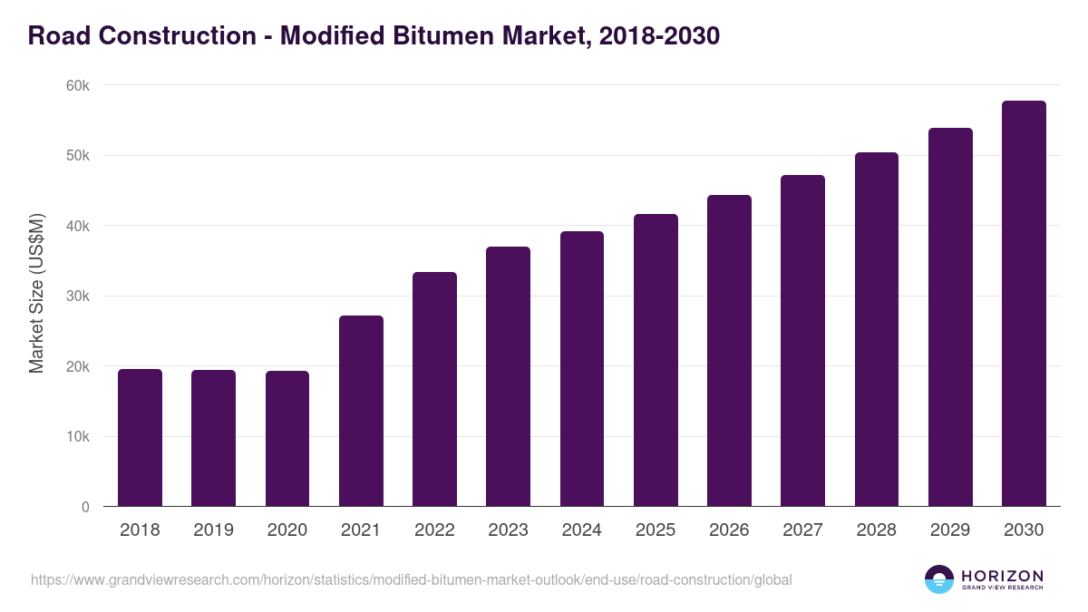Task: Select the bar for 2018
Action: [x=140, y=438]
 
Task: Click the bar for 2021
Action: [x=361, y=411]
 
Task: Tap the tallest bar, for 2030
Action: [x=1024, y=304]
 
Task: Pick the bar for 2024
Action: [x=582, y=369]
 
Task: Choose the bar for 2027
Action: [x=802, y=341]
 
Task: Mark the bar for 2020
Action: [x=287, y=439]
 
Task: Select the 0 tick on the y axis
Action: [x=85, y=508]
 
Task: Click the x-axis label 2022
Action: [x=434, y=530]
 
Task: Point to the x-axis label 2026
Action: [x=729, y=530]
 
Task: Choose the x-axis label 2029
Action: [x=950, y=530]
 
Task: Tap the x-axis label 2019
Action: [x=213, y=530]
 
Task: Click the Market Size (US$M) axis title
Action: [x=36, y=295]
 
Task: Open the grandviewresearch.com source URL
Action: [x=412, y=579]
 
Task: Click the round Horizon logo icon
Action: [x=939, y=579]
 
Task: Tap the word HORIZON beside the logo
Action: [x=1002, y=575]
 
